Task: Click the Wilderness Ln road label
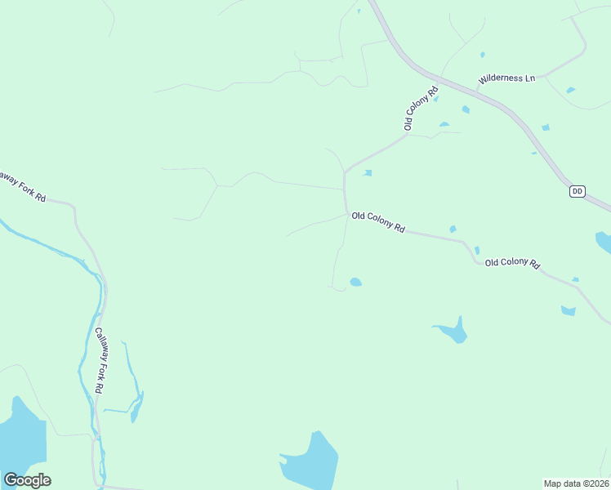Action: (x=506, y=78)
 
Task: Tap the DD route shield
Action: (x=578, y=191)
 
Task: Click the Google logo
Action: (x=27, y=480)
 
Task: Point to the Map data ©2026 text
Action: (x=576, y=483)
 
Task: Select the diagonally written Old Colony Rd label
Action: (x=421, y=108)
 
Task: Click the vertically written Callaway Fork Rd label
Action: (x=99, y=361)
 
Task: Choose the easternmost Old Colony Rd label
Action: (x=512, y=263)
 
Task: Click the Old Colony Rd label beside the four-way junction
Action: (x=378, y=222)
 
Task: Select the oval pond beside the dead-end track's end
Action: (x=355, y=283)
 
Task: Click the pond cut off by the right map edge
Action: (x=604, y=241)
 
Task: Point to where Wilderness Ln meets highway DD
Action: (x=478, y=87)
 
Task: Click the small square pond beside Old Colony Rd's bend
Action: (x=368, y=173)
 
